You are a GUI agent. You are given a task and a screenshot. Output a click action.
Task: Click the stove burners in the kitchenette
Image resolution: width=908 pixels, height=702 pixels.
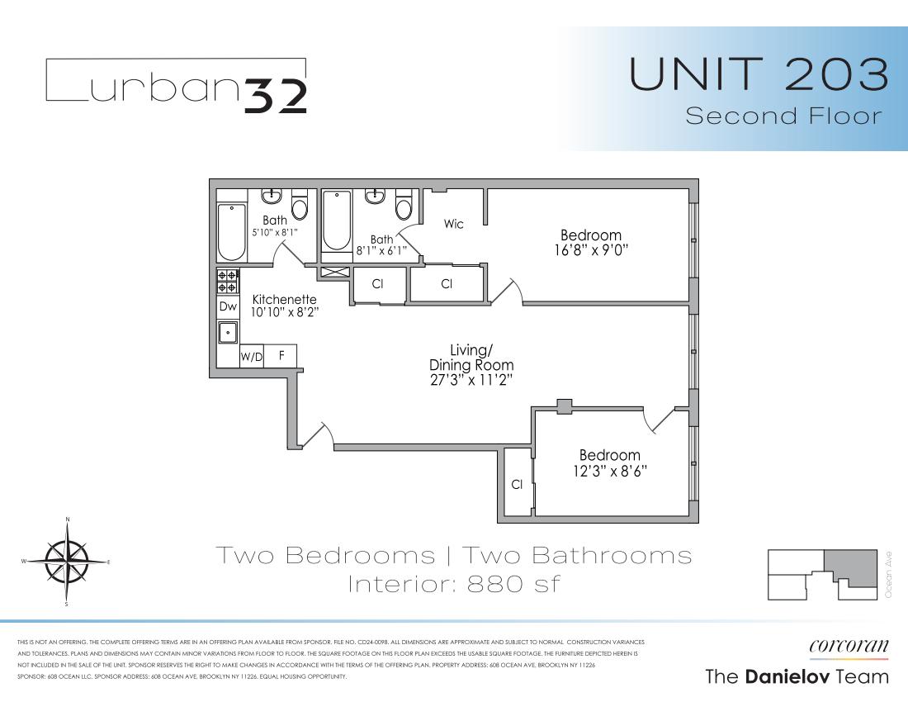coord(228,281)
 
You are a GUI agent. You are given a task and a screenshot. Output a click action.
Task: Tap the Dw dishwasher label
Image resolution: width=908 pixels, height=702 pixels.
coord(228,306)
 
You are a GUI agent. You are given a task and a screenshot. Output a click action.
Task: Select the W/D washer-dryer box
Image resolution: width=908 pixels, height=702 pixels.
coord(251,357)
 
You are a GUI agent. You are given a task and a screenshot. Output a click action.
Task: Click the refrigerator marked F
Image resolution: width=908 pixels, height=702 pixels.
coord(281,356)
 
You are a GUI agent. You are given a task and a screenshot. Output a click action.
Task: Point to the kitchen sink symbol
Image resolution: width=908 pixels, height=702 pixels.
coord(228,332)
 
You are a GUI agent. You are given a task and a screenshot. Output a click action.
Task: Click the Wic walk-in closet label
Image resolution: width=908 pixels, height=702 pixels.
coord(454,224)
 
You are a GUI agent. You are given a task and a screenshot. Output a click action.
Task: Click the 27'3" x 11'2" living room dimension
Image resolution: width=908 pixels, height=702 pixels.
coord(471,380)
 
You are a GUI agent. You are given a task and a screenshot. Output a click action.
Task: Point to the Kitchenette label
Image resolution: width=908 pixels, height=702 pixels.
coord(284,299)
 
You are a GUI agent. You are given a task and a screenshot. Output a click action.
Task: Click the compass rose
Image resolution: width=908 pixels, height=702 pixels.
coord(67,562)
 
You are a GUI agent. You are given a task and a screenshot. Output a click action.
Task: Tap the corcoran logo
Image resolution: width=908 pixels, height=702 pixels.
coord(849,647)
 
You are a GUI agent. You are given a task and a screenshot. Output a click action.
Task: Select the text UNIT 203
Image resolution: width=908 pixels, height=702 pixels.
coord(759,74)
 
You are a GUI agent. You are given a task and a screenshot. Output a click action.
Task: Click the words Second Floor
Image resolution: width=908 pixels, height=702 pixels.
coord(784,116)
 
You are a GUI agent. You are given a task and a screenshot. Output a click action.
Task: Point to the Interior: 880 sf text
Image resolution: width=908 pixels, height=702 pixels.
coord(454,584)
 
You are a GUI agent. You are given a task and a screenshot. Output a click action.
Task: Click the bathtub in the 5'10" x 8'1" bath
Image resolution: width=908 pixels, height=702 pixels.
coord(231,231)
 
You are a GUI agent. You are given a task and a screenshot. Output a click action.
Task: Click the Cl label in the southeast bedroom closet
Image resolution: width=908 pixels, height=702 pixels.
coord(517,485)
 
